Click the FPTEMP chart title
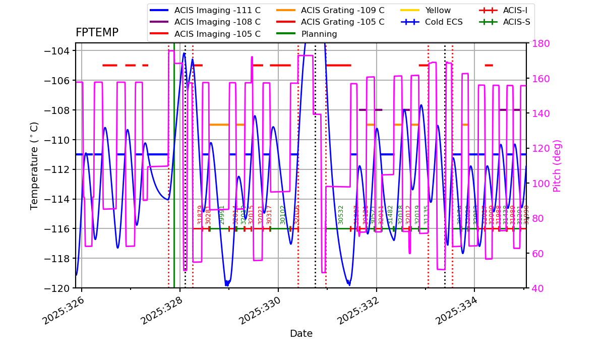point(97,33)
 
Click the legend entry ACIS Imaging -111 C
point(217,10)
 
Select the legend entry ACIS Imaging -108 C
point(217,22)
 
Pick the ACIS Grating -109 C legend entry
point(342,10)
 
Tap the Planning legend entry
point(319,34)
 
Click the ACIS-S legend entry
point(516,22)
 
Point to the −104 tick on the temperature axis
point(56,51)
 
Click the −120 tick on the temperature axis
point(56,288)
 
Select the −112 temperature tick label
point(56,169)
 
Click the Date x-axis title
point(301,334)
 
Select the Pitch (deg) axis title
point(557,165)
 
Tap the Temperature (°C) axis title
point(34,165)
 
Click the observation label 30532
point(341,215)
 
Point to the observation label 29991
point(222,215)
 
